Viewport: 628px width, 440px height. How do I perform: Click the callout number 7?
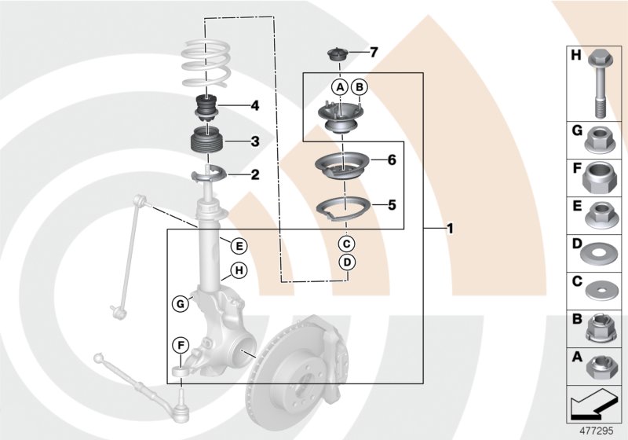tap(374, 53)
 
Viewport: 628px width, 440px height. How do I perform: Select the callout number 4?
tap(254, 104)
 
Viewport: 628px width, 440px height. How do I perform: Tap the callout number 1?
tap(449, 229)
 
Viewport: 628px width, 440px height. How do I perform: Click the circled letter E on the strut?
tap(238, 245)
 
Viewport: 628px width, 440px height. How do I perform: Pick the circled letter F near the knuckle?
tap(181, 344)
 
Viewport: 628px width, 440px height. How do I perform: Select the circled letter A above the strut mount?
tap(340, 87)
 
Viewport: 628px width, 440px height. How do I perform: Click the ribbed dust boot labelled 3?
tap(207, 145)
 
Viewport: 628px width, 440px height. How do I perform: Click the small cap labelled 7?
tap(338, 56)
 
